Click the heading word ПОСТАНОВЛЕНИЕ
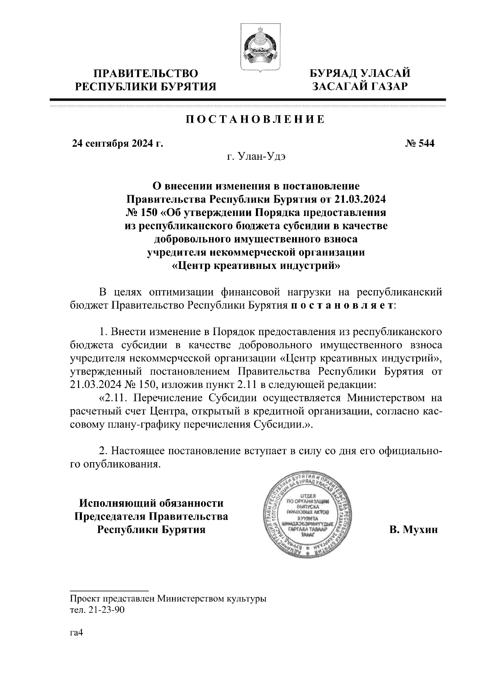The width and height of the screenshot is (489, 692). pos(256,119)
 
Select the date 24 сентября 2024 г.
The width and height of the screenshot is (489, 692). pos(117,143)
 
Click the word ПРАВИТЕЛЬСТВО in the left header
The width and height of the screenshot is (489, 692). pos(146,74)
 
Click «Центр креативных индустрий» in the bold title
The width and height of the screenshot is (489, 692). pos(256,266)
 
